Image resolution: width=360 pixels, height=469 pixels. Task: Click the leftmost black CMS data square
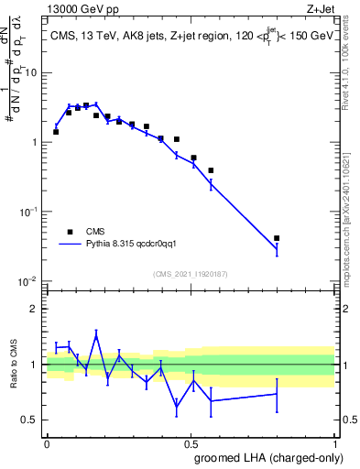tap(56, 132)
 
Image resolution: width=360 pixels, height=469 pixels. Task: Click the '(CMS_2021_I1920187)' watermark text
tap(191, 272)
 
